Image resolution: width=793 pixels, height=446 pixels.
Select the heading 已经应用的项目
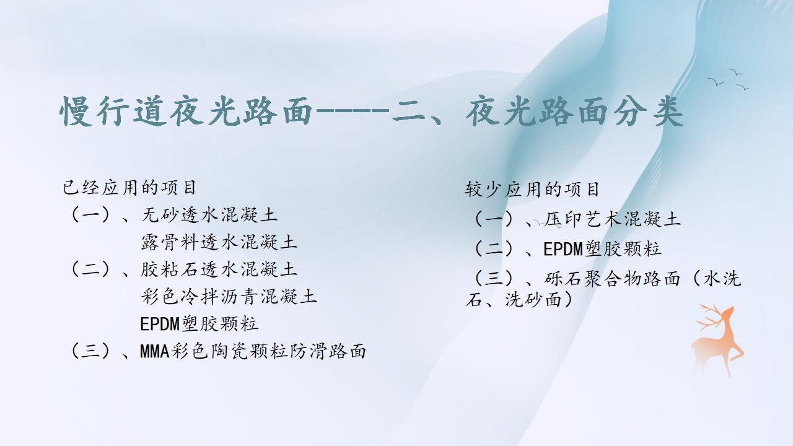click(x=129, y=188)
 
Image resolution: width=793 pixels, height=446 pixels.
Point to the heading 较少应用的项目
click(x=532, y=190)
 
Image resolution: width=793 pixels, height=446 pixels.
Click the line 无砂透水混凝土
click(x=209, y=215)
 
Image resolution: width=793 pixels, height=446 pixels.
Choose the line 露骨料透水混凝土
click(x=219, y=242)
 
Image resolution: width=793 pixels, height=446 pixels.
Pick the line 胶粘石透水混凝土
click(x=219, y=269)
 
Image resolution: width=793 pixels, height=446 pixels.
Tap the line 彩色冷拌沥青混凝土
click(x=229, y=297)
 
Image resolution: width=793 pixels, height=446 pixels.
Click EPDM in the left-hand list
click(x=160, y=324)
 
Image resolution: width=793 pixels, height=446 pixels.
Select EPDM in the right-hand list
click(x=563, y=249)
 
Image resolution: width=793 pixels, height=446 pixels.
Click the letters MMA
click(x=155, y=351)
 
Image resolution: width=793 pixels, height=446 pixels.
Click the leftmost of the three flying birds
click(x=716, y=82)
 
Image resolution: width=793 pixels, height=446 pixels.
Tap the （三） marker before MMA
click(x=90, y=351)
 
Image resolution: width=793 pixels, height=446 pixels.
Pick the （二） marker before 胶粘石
click(x=90, y=269)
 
